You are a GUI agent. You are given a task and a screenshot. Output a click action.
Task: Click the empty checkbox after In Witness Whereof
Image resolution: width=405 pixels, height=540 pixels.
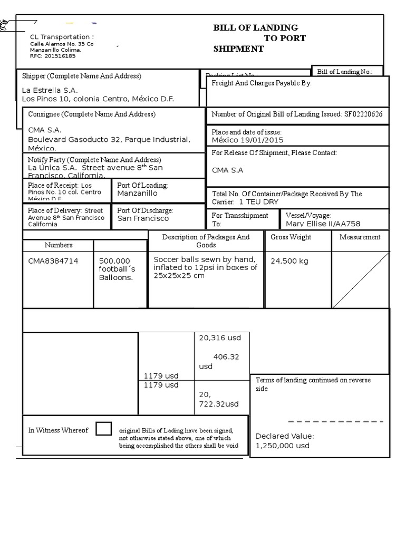tap(103, 429)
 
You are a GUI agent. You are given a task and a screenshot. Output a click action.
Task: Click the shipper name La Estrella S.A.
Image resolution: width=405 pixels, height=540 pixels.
tap(50, 90)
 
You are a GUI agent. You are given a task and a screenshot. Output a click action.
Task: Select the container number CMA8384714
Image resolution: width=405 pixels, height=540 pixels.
tap(53, 261)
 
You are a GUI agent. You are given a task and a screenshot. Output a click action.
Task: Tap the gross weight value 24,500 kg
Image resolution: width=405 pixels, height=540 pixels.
tap(290, 261)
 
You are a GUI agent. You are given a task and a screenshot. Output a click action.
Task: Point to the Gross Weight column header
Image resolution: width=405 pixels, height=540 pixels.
tap(291, 237)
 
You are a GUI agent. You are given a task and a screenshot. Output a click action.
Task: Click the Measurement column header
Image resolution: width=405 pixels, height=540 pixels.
tap(360, 237)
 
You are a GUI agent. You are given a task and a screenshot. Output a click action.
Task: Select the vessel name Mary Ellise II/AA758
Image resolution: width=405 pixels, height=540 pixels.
tap(323, 224)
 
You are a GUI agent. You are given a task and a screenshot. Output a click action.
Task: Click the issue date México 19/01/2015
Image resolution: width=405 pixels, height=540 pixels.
tap(247, 140)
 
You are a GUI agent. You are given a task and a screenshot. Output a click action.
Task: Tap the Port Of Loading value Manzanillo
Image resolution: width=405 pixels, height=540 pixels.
tap(137, 194)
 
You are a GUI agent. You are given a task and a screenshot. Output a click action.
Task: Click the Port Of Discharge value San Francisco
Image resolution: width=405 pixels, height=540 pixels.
tap(143, 218)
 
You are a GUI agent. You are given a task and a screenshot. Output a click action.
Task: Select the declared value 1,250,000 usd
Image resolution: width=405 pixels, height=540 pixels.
tap(282, 446)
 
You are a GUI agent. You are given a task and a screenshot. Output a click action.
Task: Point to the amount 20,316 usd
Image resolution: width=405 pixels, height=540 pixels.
tap(219, 338)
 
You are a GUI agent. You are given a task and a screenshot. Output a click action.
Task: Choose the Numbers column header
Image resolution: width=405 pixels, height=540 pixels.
tap(59, 245)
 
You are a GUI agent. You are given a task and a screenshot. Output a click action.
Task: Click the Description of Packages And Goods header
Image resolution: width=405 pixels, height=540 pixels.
tap(206, 241)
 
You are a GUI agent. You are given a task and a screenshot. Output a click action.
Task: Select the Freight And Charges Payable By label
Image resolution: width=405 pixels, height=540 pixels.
tap(262, 83)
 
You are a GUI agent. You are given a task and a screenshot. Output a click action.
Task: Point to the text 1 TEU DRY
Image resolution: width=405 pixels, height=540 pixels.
tap(258, 202)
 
